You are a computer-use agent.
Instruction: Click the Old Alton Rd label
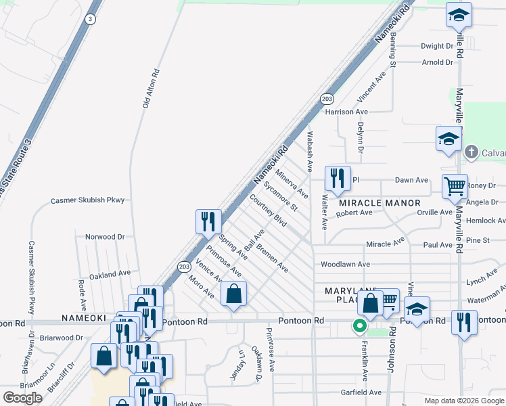click(x=151, y=89)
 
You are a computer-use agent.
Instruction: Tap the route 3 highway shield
click(x=89, y=20)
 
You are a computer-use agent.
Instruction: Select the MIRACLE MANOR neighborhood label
click(x=379, y=203)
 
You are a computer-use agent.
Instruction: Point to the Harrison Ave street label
click(x=346, y=112)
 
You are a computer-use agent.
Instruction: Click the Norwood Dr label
click(x=105, y=237)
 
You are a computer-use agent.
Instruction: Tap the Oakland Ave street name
click(x=110, y=273)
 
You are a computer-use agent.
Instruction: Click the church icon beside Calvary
click(x=471, y=152)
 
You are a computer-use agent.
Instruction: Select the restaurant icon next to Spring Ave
click(x=208, y=221)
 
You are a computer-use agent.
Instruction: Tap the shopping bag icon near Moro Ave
click(x=233, y=294)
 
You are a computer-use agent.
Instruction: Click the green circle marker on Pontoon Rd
click(x=359, y=327)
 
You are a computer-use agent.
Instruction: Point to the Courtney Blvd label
click(x=269, y=210)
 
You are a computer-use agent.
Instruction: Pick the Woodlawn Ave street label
click(x=345, y=264)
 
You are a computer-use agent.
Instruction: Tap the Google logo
click(x=22, y=398)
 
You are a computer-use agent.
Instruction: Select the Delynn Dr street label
click(x=360, y=139)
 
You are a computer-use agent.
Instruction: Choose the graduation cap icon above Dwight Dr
click(x=459, y=15)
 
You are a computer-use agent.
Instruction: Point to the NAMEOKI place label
click(x=83, y=317)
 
